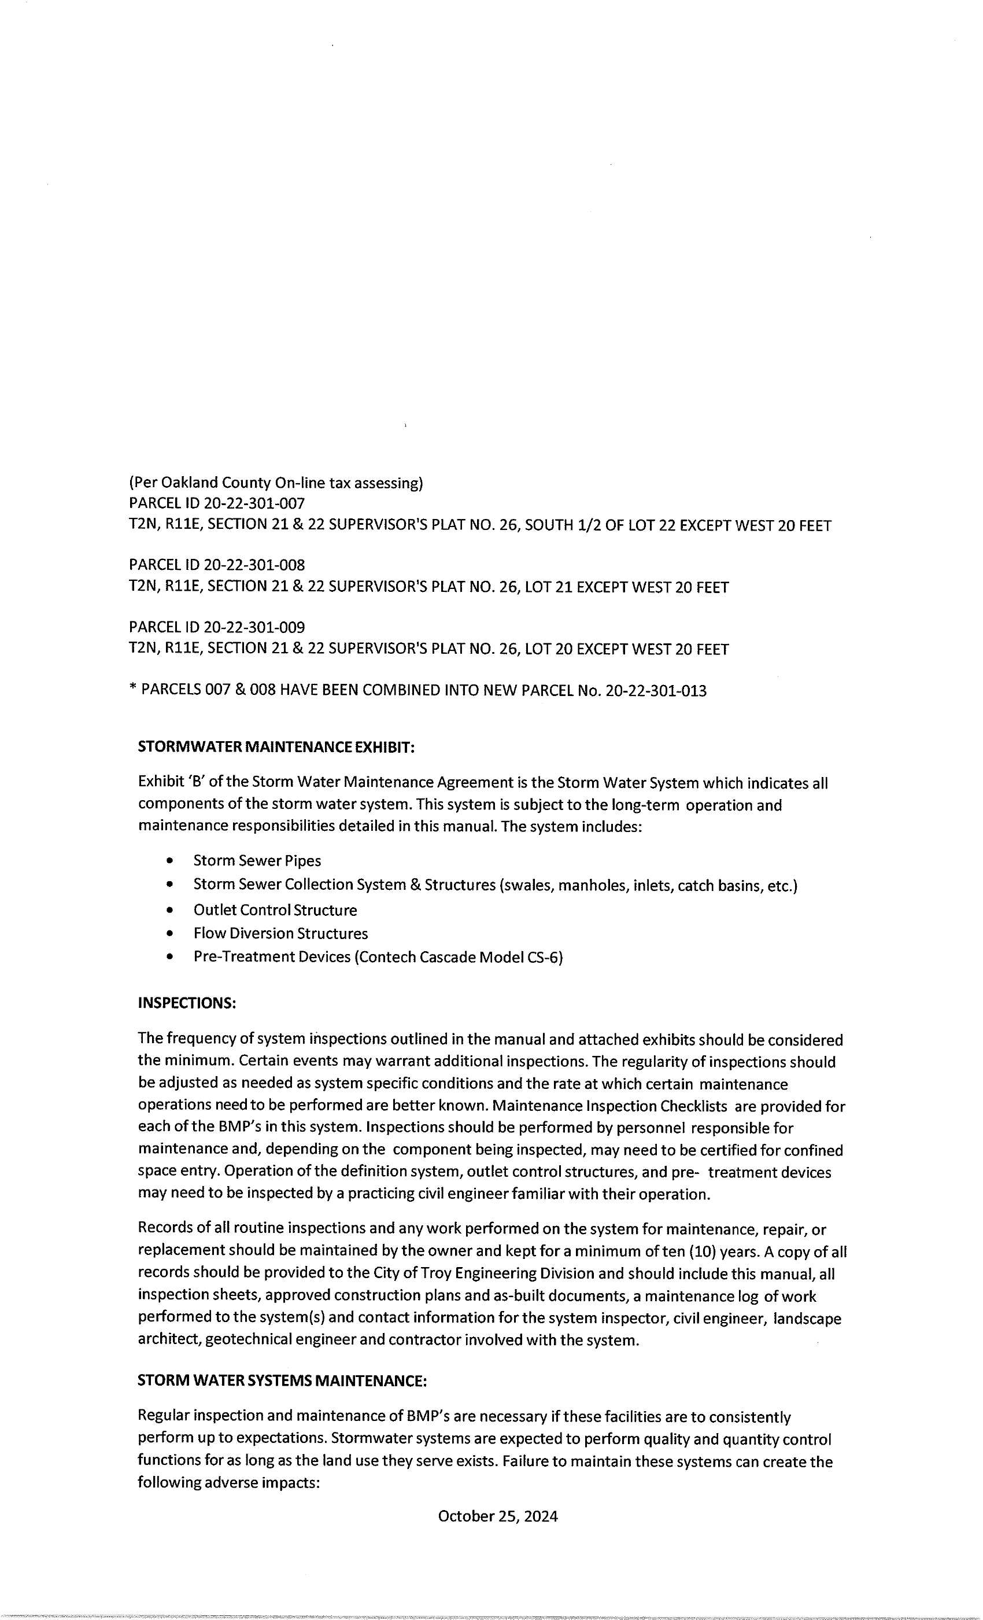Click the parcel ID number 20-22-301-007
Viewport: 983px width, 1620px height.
(254, 503)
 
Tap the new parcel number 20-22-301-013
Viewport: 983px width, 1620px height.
(656, 690)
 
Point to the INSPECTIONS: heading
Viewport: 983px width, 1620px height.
(187, 1003)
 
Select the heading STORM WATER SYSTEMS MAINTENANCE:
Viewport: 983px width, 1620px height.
(282, 1380)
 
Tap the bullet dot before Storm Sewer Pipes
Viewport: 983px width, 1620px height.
(171, 861)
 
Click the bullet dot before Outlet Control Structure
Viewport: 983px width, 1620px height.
(171, 910)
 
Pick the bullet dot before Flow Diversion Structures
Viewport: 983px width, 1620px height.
(171, 934)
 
